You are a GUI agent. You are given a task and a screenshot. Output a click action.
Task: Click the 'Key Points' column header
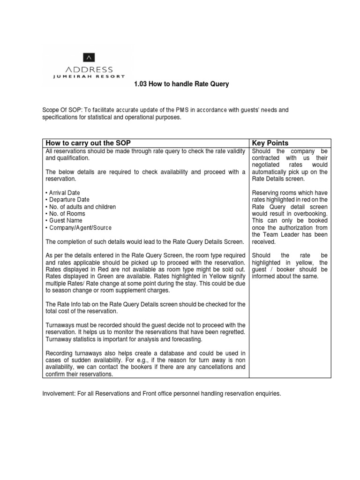(x=270, y=143)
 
